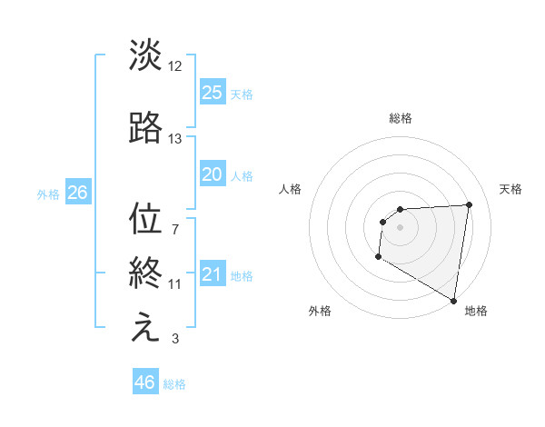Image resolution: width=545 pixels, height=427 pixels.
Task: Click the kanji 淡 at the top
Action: [x=145, y=55]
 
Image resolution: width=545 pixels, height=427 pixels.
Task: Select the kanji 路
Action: [x=145, y=129]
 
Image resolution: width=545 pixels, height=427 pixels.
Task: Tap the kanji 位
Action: [x=145, y=219]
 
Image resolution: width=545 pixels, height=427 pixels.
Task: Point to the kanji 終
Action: [x=145, y=274]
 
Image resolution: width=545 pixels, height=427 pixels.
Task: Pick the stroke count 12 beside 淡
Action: [x=175, y=66]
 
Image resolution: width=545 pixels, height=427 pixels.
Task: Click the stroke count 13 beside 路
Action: [x=175, y=139]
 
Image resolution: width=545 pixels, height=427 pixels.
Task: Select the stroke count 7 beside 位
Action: [x=174, y=229]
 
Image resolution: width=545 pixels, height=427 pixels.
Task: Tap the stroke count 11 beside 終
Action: [x=175, y=284]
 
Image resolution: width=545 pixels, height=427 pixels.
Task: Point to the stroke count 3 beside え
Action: [x=174, y=339]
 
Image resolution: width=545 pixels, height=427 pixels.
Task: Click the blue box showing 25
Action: [x=212, y=92]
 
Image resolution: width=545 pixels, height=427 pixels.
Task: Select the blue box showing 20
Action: [x=212, y=174]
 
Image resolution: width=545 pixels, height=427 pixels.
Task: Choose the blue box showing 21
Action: [x=212, y=274]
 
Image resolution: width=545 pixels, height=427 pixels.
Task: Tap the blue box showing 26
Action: [x=77, y=193]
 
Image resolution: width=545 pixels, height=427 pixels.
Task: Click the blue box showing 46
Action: [x=144, y=382]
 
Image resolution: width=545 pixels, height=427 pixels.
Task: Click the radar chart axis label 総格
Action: [x=400, y=118]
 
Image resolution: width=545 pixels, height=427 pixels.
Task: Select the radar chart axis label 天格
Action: [x=510, y=189]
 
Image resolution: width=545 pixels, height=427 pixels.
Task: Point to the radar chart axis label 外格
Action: [x=320, y=312]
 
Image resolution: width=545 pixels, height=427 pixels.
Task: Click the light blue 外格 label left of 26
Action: [x=48, y=194]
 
